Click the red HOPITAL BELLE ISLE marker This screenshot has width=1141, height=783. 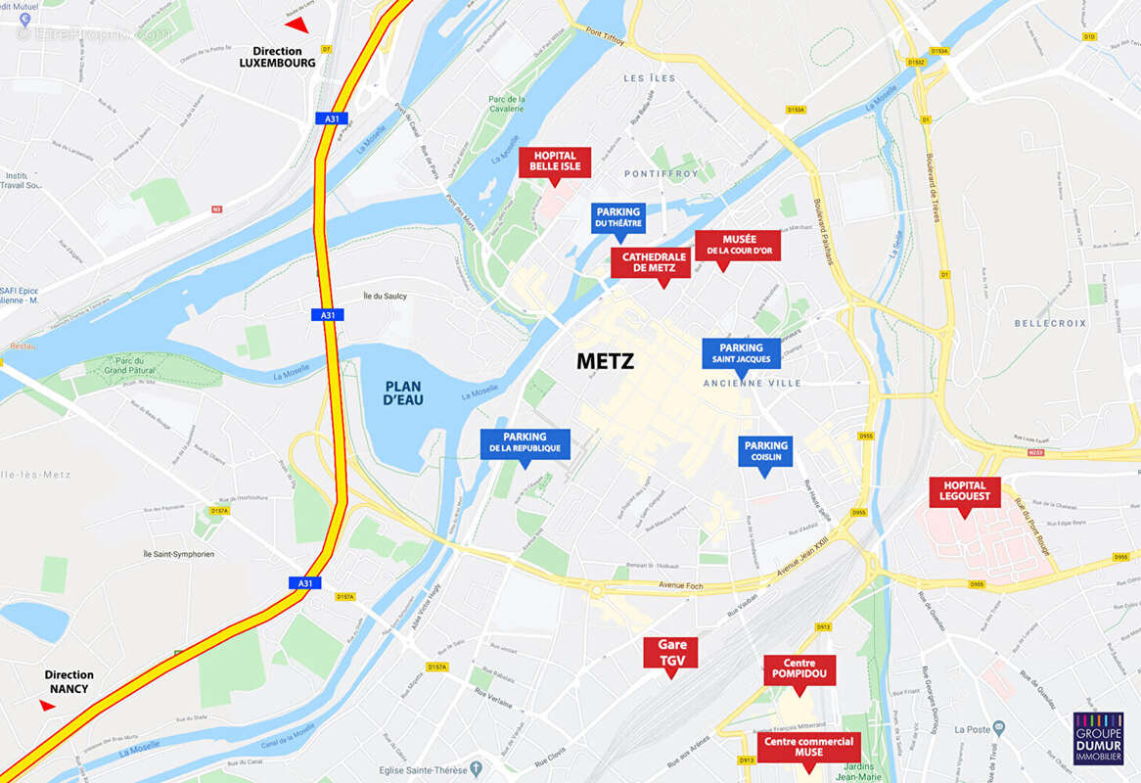(x=555, y=161)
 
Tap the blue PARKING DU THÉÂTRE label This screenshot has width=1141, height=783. (x=617, y=217)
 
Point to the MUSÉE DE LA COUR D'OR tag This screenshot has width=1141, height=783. (x=738, y=245)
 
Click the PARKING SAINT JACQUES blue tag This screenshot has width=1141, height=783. (x=741, y=353)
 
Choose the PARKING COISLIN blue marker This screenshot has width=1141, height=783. (x=765, y=451)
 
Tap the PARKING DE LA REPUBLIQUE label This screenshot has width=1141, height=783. (x=525, y=443)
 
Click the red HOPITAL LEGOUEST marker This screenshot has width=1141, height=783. (x=965, y=491)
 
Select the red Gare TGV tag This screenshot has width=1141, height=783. (x=671, y=652)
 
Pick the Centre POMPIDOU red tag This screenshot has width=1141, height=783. (x=799, y=669)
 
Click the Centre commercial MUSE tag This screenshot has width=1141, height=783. (x=808, y=747)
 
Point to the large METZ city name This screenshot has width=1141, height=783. (x=605, y=361)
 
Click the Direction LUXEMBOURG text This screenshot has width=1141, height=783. (x=278, y=57)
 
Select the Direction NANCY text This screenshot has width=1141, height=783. (x=68, y=681)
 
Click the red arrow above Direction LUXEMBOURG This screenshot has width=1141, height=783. (x=297, y=24)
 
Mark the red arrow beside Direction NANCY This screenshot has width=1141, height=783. (x=47, y=706)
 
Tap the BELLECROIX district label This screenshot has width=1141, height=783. (x=1050, y=323)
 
